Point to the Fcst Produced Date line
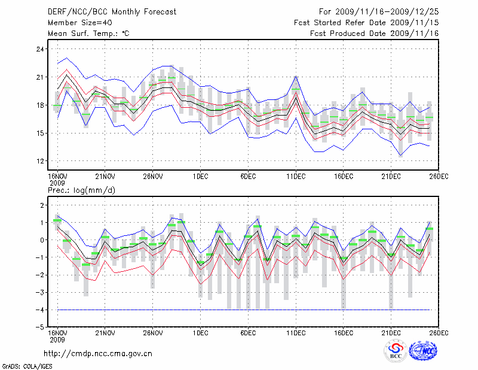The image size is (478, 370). [x=375, y=33]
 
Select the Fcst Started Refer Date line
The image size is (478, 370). [x=366, y=22]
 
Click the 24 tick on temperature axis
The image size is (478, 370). [x=40, y=48]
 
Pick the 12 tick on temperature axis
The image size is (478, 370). [x=40, y=161]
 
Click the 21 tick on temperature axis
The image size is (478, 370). [x=40, y=77]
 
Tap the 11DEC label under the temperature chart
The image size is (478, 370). [x=296, y=176]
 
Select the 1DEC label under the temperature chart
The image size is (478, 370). [x=200, y=176]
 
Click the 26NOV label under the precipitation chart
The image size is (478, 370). [x=153, y=333]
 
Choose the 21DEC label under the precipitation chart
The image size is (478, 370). [x=391, y=333]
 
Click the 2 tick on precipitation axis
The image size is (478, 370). [x=42, y=205]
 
